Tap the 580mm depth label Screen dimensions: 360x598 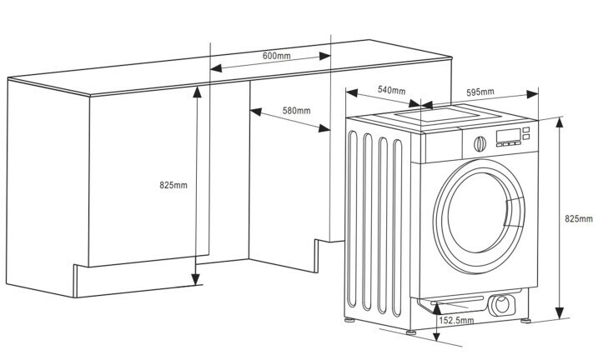(x=296, y=111)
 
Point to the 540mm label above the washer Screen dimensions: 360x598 (x=391, y=89)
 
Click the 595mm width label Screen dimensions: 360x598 (x=480, y=92)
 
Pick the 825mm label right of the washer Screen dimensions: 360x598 (x=577, y=218)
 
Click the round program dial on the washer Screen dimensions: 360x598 (x=479, y=142)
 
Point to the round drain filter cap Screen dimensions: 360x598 (x=502, y=305)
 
